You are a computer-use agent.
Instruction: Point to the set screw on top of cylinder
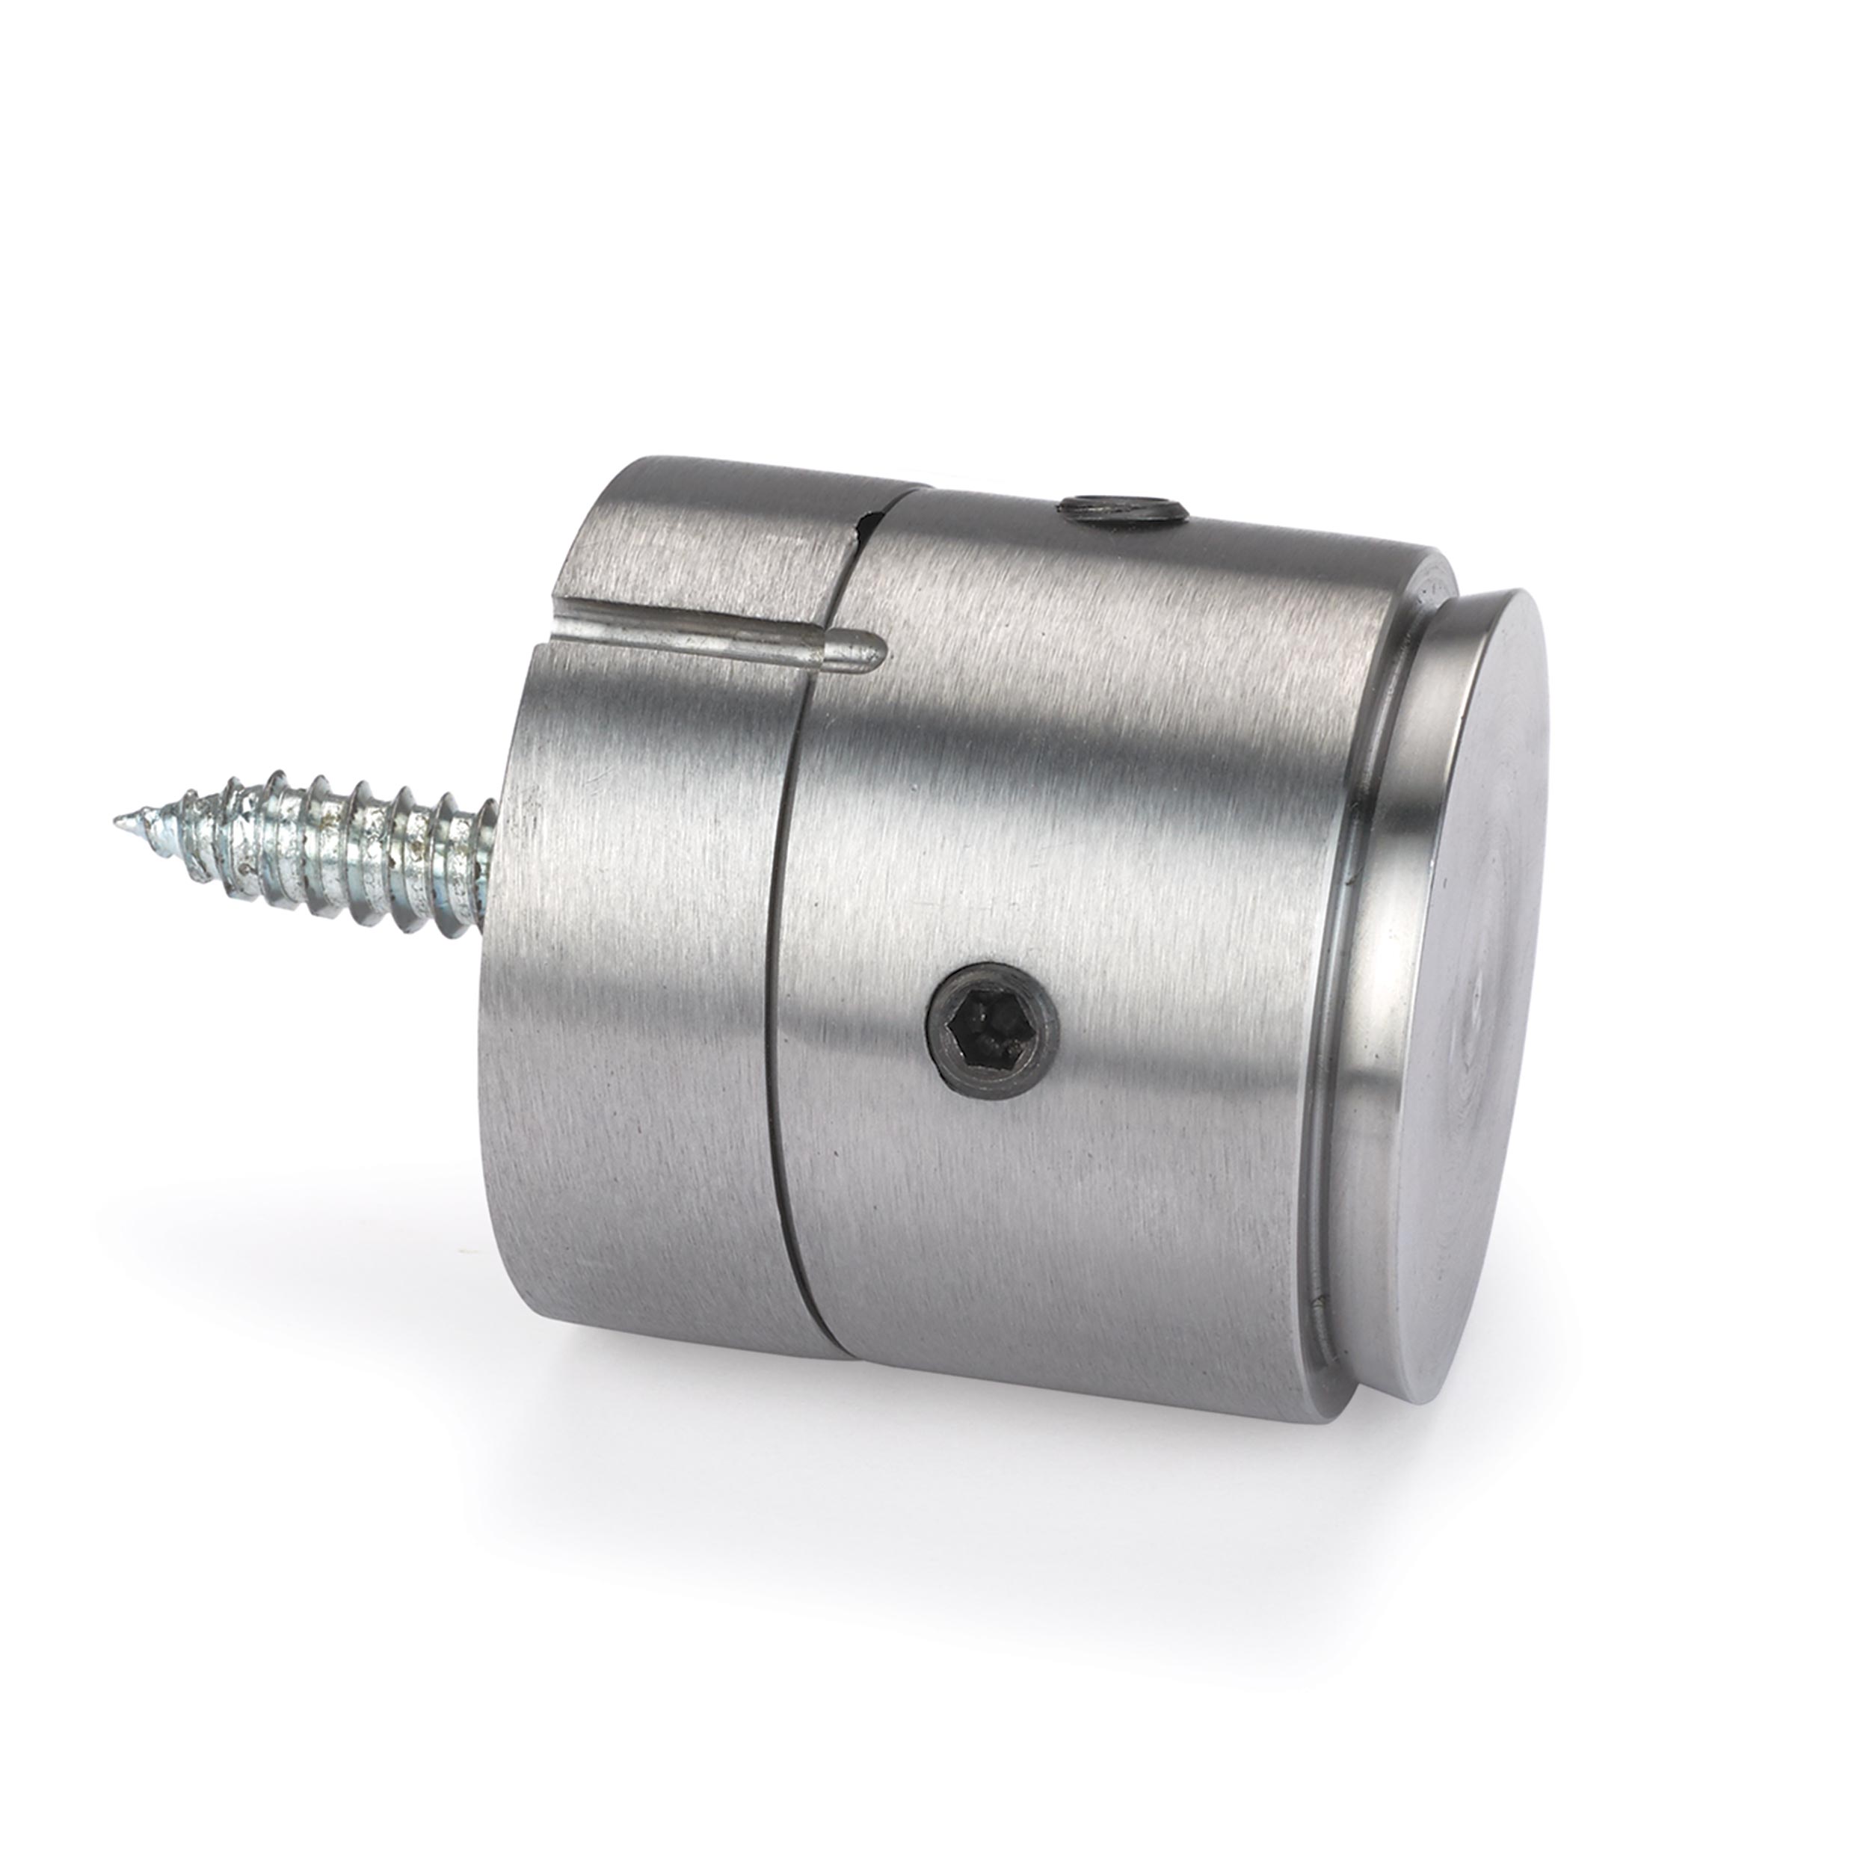tap(1121, 507)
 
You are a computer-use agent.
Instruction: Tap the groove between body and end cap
tap(1355, 967)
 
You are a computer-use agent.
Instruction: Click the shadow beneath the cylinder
tap(967, 1480)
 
